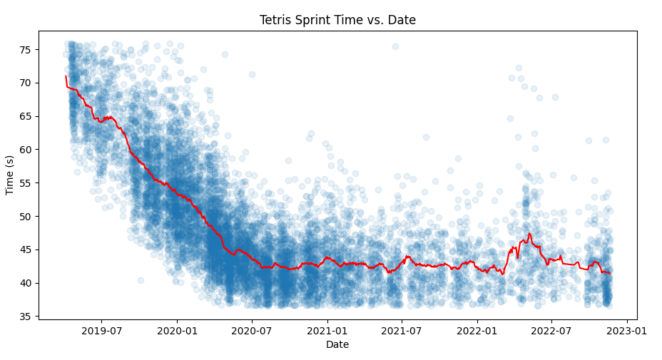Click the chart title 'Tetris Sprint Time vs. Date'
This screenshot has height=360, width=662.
click(x=337, y=20)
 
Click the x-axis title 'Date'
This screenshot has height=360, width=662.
click(x=337, y=345)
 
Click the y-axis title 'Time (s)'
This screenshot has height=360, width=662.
click(x=10, y=175)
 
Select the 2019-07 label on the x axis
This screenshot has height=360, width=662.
click(x=101, y=330)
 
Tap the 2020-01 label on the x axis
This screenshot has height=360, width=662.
click(x=177, y=330)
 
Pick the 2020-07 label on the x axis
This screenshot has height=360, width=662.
click(x=252, y=330)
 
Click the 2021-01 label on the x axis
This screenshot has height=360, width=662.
click(x=327, y=330)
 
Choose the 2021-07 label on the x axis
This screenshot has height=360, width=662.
click(x=402, y=330)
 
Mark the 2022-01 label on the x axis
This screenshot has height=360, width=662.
click(x=477, y=330)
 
